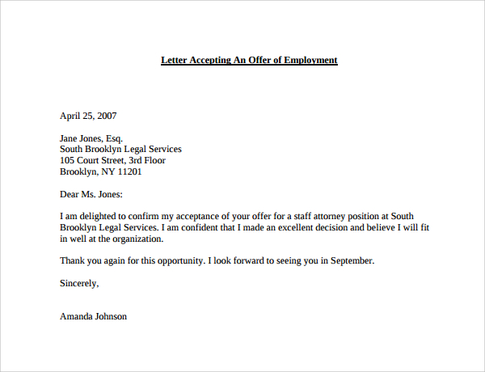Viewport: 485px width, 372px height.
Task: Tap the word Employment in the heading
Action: point(310,60)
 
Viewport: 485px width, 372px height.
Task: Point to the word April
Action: point(71,115)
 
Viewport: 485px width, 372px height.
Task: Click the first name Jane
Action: point(70,138)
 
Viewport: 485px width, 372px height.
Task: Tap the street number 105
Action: point(68,160)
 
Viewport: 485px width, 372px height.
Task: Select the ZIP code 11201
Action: point(129,171)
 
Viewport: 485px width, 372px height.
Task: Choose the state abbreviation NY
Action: point(106,171)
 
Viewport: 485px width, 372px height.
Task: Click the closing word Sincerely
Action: point(79,283)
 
